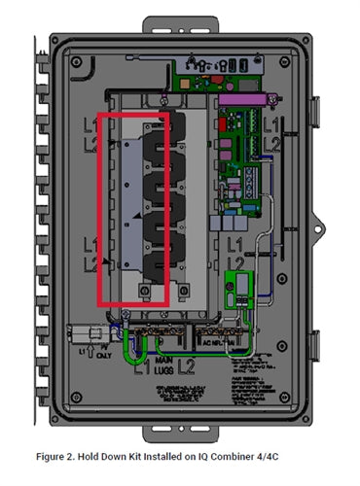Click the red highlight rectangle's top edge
pos(134,113)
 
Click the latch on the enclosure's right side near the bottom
pos(314,345)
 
